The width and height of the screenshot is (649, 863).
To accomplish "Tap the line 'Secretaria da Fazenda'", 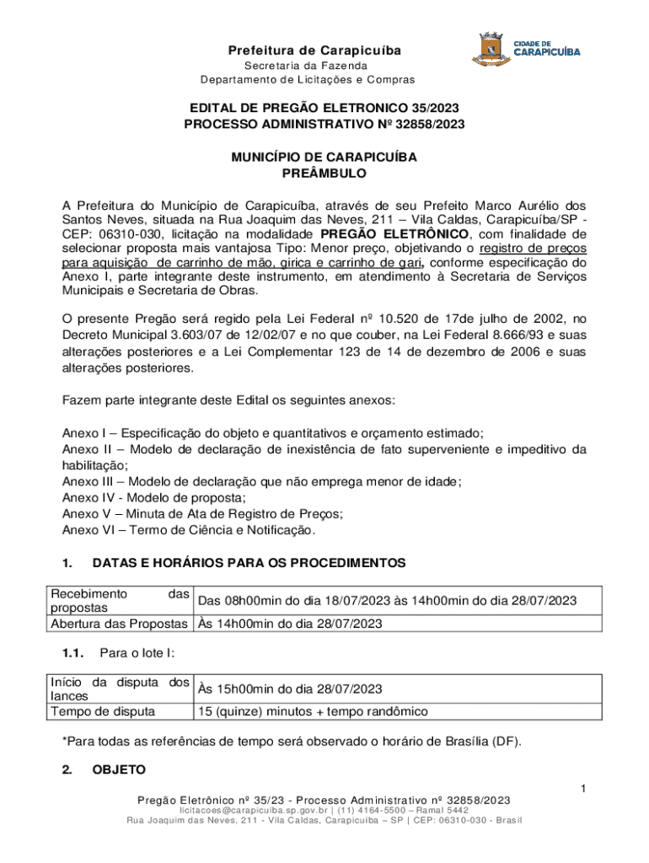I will tap(306, 66).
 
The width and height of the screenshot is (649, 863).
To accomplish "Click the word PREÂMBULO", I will tap(324, 173).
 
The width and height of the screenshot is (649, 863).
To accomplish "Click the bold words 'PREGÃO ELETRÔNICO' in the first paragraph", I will tap(394, 233).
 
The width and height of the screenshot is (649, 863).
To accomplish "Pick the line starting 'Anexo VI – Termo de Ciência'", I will tap(189, 529).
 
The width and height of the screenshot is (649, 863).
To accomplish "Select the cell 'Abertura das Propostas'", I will tap(119, 624).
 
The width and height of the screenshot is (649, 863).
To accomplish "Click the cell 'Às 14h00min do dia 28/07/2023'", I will tap(289, 624).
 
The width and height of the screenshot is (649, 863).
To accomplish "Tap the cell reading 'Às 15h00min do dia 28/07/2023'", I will tap(290, 689).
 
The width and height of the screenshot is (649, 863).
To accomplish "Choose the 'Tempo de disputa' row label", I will tap(103, 711).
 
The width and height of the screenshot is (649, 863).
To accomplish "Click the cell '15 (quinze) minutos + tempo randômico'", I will tap(312, 711).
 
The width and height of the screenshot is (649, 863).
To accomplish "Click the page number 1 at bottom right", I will tap(582, 788).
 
